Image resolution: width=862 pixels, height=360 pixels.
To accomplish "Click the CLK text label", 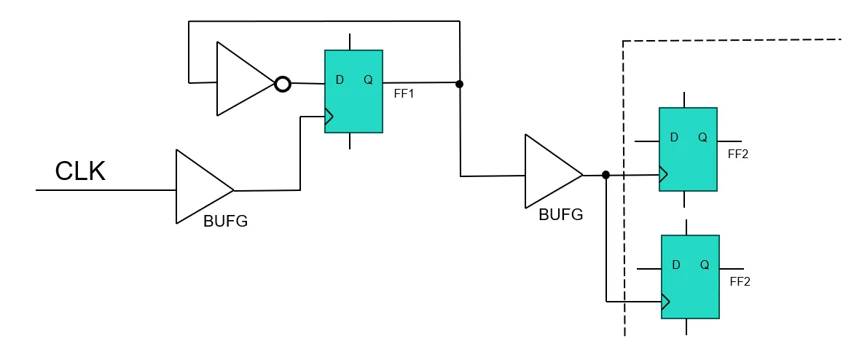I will click(x=80, y=171).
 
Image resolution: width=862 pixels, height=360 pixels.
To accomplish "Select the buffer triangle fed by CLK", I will click(x=200, y=187).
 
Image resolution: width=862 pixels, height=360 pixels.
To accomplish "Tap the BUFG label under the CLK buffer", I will click(x=225, y=222).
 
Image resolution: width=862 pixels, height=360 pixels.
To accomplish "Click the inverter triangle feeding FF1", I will click(x=241, y=79).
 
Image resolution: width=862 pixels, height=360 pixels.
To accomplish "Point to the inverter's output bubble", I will click(x=283, y=84).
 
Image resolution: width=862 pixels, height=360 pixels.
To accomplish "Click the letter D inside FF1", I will click(x=340, y=79).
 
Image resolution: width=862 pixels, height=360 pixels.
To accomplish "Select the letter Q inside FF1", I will click(x=368, y=79).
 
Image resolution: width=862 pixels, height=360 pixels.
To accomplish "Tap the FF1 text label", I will click(x=404, y=95).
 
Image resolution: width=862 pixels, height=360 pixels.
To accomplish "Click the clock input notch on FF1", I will click(x=329, y=116).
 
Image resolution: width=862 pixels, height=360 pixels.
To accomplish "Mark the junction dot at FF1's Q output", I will click(x=459, y=84).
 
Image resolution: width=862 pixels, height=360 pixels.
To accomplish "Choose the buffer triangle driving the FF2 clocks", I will click(x=549, y=172).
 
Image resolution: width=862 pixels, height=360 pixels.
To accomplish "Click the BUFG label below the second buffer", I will click(x=560, y=215).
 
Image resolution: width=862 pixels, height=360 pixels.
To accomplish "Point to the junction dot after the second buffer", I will click(x=606, y=175).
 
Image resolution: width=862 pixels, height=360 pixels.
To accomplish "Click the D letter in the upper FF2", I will click(x=674, y=137).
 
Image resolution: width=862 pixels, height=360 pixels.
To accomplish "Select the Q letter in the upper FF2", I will click(x=702, y=137).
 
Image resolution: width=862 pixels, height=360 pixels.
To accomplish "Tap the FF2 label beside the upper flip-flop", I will click(x=738, y=154).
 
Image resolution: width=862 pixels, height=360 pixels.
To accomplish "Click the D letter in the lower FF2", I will click(x=675, y=265).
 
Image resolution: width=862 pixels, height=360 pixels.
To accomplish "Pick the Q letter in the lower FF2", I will click(x=704, y=265).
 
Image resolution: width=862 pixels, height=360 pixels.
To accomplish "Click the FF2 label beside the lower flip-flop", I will click(x=740, y=281).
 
